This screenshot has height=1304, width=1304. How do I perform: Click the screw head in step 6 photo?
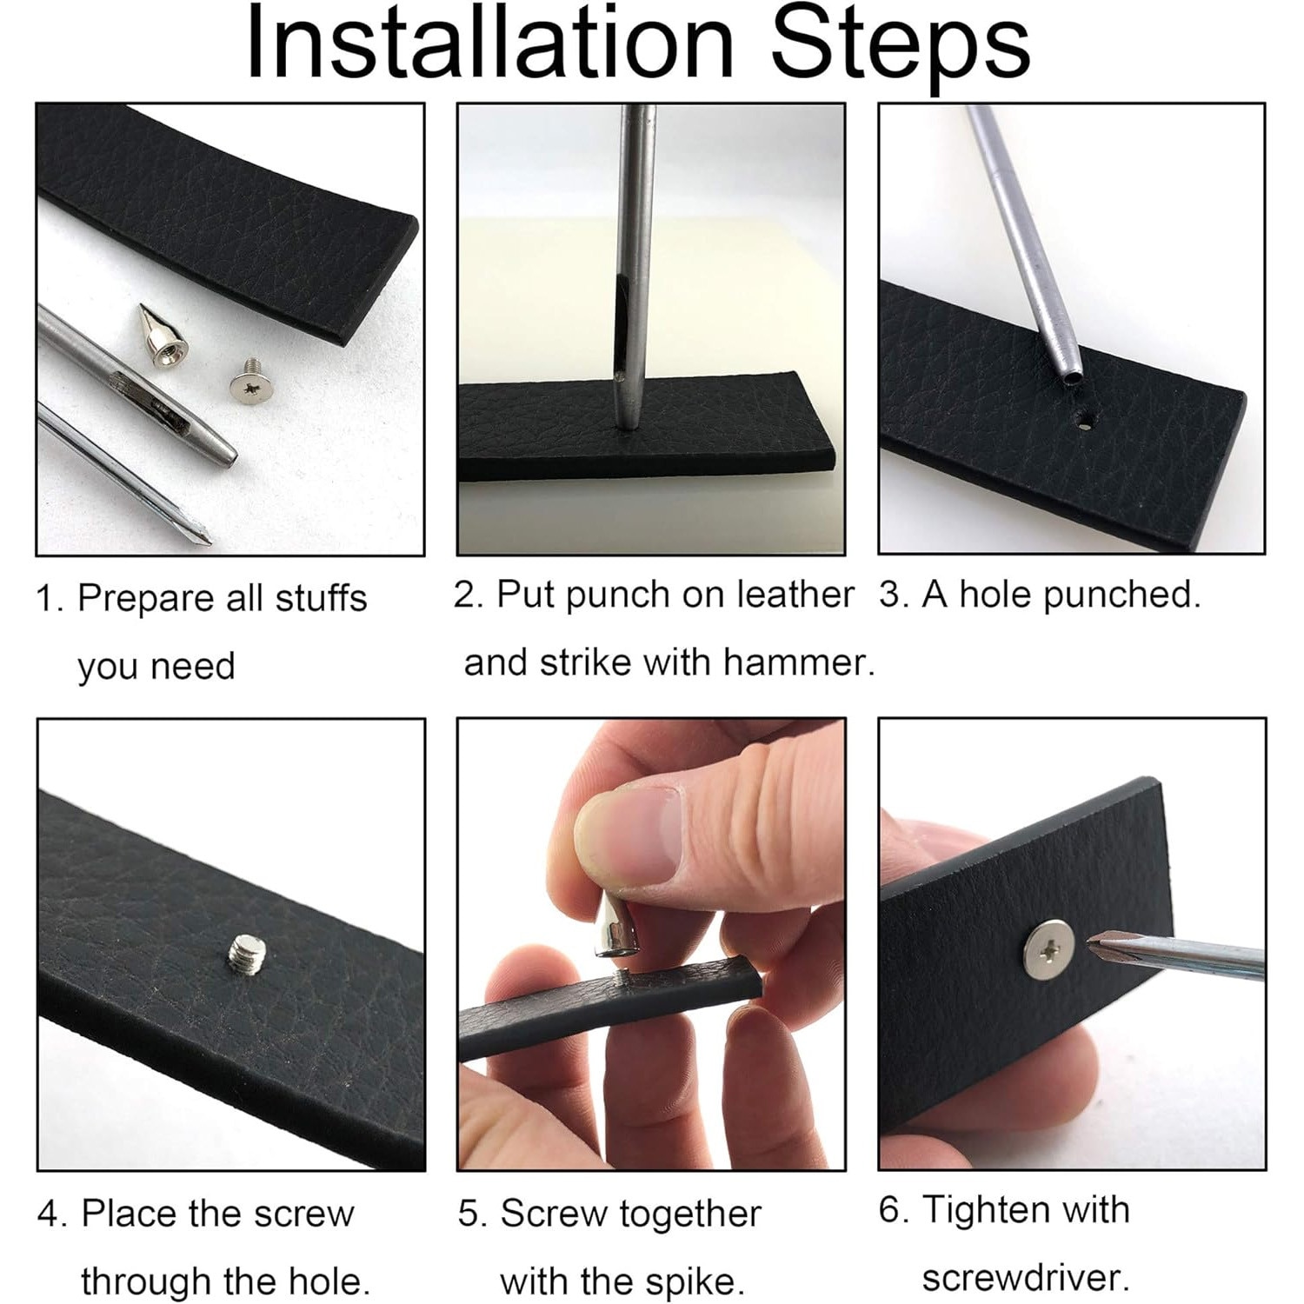click(1049, 945)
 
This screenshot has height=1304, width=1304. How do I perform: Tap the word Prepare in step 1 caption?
click(143, 600)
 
